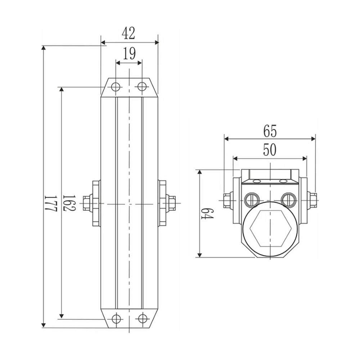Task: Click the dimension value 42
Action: point(128,33)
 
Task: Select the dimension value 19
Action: point(129,54)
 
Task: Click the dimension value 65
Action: point(270,131)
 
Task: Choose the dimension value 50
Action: point(270,150)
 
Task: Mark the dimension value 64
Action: point(207,214)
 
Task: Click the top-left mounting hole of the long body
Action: point(116,87)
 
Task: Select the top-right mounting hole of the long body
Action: point(142,86)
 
